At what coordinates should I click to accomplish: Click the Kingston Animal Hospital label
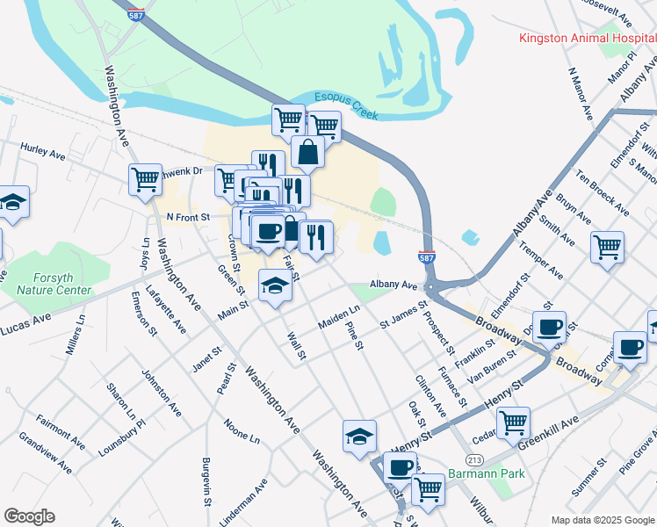[x=587, y=38]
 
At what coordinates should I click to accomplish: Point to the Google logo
[x=29, y=516]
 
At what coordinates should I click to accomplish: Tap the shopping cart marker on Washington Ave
[x=145, y=179]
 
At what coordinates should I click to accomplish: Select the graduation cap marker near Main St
[x=275, y=285]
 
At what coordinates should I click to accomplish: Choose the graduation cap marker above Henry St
[x=358, y=436]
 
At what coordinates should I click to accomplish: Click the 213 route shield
[x=474, y=459]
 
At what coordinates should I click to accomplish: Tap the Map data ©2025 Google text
[x=603, y=519]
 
